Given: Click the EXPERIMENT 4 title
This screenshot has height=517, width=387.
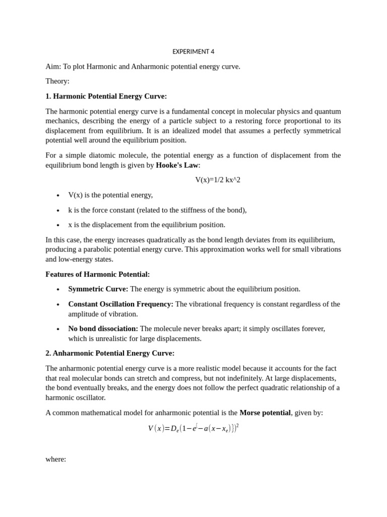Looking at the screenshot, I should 193,51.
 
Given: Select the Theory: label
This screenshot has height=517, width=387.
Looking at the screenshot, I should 57,81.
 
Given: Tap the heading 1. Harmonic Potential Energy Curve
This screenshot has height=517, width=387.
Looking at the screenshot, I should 106,96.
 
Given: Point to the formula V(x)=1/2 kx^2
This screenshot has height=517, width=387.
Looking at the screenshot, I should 218,180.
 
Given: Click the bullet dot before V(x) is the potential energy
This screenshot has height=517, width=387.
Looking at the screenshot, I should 58,196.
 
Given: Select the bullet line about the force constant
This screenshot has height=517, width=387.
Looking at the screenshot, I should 157,210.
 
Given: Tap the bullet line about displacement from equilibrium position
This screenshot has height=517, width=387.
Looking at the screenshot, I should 147,225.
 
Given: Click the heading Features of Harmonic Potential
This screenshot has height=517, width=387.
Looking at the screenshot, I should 97,274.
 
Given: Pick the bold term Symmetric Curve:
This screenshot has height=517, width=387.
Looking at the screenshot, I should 98,289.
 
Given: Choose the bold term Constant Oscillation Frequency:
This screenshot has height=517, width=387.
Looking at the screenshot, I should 121,304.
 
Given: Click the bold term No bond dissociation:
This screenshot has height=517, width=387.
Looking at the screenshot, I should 103,329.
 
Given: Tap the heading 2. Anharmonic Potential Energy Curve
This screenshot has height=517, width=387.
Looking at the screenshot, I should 110,353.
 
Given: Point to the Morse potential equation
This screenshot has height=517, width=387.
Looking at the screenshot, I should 193,429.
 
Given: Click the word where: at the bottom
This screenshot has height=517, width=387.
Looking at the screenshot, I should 55,459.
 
